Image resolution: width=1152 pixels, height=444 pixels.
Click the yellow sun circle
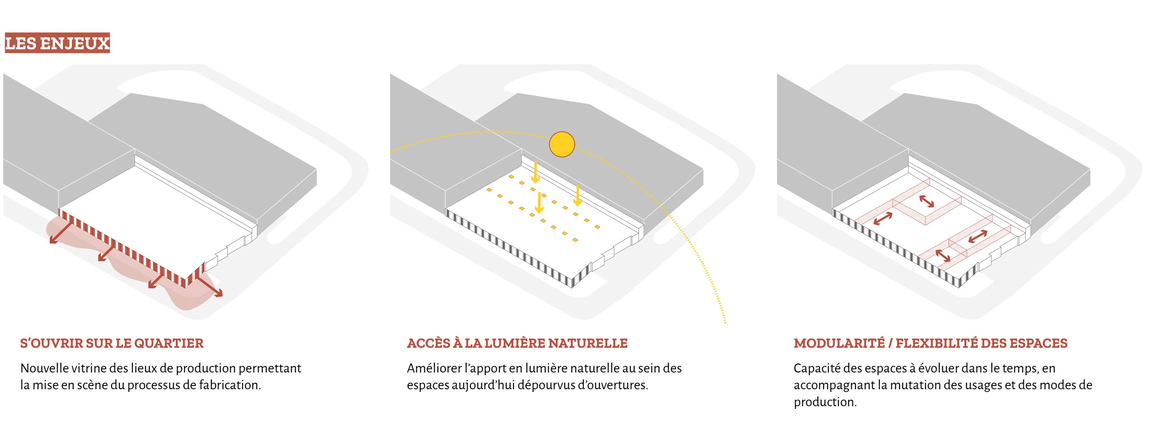pyautogui.click(x=562, y=144)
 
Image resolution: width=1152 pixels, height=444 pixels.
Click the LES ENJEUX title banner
pyautogui.click(x=57, y=43)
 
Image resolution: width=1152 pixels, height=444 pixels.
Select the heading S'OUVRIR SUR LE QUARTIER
pyautogui.click(x=112, y=343)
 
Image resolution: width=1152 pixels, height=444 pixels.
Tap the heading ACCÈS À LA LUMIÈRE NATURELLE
pyautogui.click(x=517, y=343)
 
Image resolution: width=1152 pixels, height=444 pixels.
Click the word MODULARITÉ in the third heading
pyautogui.click(x=839, y=343)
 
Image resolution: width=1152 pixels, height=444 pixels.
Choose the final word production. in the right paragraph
pyautogui.click(x=825, y=402)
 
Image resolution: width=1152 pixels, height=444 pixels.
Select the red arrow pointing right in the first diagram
pyautogui.click(x=209, y=286)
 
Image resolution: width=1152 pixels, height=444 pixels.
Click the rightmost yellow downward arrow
pyautogui.click(x=578, y=195)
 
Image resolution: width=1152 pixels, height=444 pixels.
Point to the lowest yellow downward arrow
pyautogui.click(x=539, y=202)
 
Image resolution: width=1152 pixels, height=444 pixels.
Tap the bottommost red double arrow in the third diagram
pyautogui.click(x=943, y=256)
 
